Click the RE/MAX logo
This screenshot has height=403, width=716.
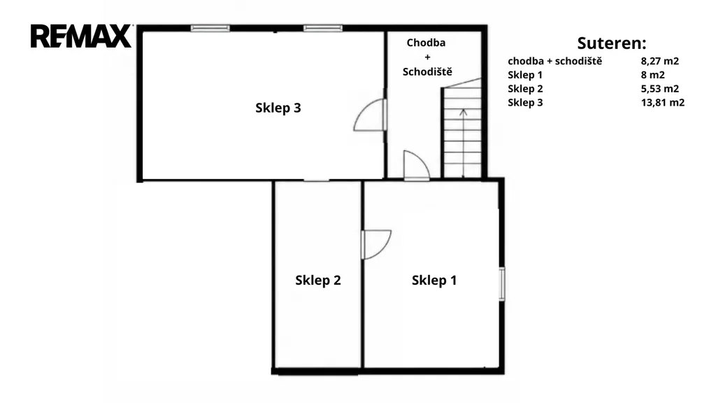pyautogui.click(x=81, y=36)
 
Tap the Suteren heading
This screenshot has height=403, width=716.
pyautogui.click(x=611, y=43)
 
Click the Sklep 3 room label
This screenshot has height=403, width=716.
pyautogui.click(x=278, y=108)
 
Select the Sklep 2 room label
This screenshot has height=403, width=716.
pyautogui.click(x=318, y=280)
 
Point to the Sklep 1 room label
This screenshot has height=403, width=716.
pyautogui.click(x=434, y=280)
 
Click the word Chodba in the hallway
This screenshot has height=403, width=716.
pyautogui.click(x=426, y=43)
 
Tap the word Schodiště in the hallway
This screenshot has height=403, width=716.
pyautogui.click(x=427, y=72)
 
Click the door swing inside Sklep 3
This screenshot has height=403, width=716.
pyautogui.click(x=370, y=115)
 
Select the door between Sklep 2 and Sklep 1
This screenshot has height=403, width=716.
pyautogui.click(x=375, y=244)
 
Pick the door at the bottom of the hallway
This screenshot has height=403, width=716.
pyautogui.click(x=416, y=165)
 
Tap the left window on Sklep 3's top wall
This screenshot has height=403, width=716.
pyautogui.click(x=210, y=28)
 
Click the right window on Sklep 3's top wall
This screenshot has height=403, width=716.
pyautogui.click(x=323, y=28)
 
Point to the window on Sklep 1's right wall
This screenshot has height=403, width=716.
pyautogui.click(x=502, y=284)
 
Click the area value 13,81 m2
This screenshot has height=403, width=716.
pyautogui.click(x=663, y=102)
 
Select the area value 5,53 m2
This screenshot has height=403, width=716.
pyautogui.click(x=660, y=89)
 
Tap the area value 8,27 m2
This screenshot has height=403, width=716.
pyautogui.click(x=660, y=62)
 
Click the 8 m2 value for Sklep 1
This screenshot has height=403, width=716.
pyautogui.click(x=653, y=75)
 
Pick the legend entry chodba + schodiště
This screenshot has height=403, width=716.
pyautogui.click(x=554, y=62)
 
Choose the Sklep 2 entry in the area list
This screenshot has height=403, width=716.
pyautogui.click(x=525, y=89)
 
